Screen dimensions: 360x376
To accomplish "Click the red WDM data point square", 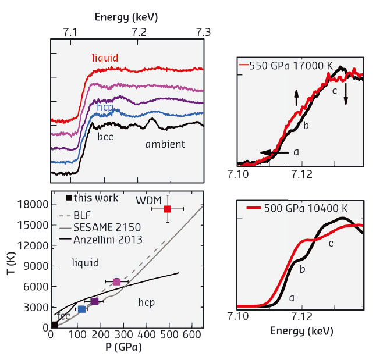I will tap(168, 209).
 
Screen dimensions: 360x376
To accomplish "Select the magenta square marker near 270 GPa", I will tap(116, 281).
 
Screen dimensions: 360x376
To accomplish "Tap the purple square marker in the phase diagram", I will tap(94, 301).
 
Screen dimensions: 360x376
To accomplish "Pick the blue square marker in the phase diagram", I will tap(82, 309).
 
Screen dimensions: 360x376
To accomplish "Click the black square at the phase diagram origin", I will tap(54, 325).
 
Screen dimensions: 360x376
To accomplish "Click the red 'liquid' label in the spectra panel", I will tap(105, 57).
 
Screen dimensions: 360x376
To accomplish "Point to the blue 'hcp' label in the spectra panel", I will tap(105, 108).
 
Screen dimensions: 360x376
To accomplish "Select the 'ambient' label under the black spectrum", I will tap(165, 144).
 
